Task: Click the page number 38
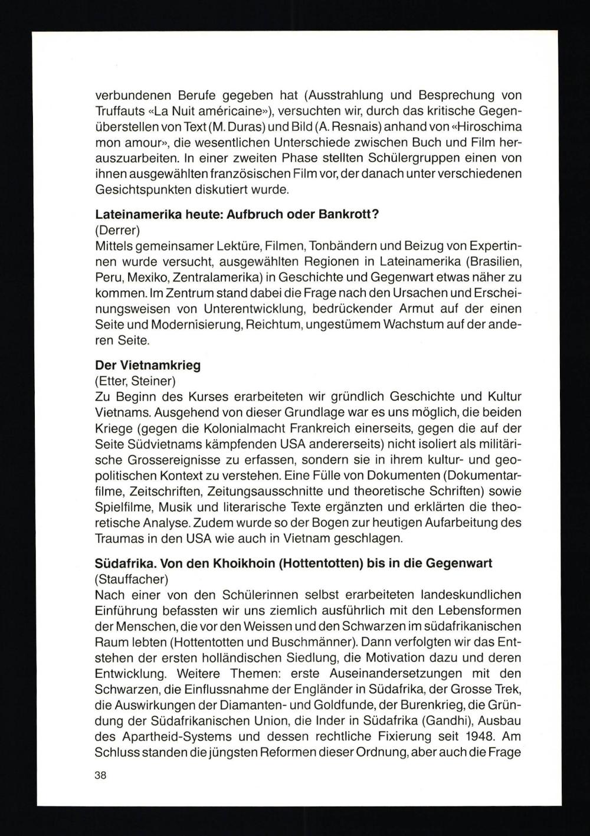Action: pos(100,775)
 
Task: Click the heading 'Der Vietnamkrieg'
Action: pos(147,365)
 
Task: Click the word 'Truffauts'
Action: pos(120,111)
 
